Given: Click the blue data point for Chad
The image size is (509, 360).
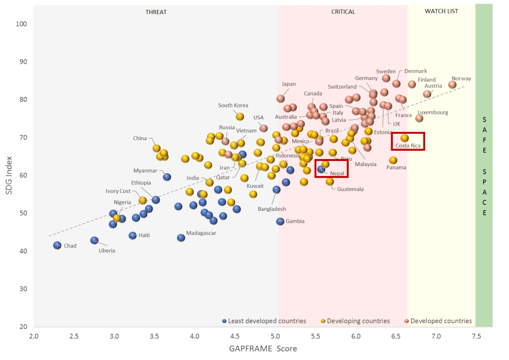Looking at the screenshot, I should (x=57, y=245).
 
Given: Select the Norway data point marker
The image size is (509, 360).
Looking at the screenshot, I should (x=452, y=85).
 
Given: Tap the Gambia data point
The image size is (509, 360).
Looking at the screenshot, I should (x=280, y=221).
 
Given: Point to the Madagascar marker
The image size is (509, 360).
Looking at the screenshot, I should (x=181, y=238).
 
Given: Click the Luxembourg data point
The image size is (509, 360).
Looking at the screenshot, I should (x=420, y=118).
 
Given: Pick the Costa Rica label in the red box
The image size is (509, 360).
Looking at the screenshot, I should (x=408, y=146).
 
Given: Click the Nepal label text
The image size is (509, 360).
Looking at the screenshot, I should (x=337, y=173).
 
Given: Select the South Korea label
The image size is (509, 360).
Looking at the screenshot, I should (x=233, y=105).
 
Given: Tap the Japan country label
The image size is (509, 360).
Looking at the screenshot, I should (x=288, y=84).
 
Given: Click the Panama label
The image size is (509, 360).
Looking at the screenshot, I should (x=396, y=168).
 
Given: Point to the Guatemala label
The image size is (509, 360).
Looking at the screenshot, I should (x=350, y=189).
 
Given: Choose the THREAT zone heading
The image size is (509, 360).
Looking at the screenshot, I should (x=156, y=12).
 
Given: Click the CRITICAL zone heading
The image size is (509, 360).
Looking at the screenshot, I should (x=343, y=12).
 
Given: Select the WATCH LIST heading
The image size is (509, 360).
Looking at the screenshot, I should (x=441, y=11).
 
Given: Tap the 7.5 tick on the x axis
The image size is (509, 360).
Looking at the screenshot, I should (x=476, y=337).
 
